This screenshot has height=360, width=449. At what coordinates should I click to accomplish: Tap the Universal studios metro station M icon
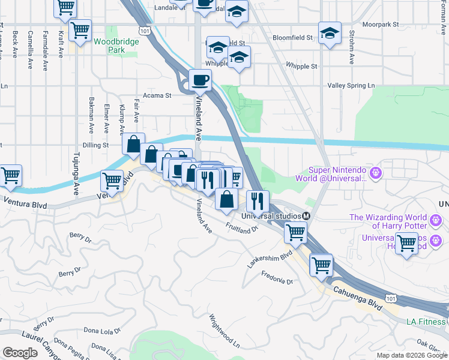306,216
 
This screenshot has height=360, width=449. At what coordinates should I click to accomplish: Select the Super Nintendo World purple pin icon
376,173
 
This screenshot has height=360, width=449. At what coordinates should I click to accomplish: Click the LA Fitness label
424,322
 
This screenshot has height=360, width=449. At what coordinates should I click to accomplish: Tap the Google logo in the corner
20,352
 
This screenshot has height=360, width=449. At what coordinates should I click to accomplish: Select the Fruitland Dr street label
241,227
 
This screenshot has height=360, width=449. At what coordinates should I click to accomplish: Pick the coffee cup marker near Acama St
200,79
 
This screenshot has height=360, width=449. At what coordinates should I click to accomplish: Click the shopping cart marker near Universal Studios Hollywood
406,243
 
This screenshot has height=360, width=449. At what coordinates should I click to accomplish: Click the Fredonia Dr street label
277,278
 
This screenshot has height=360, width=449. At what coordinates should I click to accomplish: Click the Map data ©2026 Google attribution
412,355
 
